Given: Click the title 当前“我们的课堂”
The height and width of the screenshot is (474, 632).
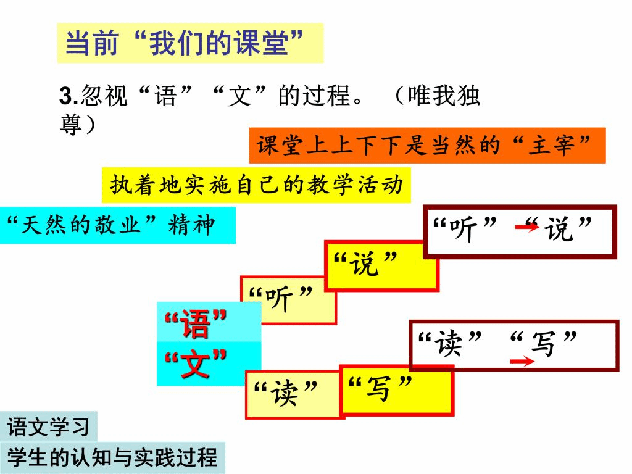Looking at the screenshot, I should (x=190, y=43).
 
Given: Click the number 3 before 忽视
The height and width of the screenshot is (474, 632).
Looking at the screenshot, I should (x=64, y=97).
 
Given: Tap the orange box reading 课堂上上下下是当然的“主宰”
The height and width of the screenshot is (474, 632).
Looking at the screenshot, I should (x=426, y=146).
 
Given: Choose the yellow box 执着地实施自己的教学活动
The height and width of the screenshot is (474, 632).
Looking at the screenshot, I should (x=256, y=185).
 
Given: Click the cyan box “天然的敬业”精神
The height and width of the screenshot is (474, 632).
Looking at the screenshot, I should (x=117, y=225).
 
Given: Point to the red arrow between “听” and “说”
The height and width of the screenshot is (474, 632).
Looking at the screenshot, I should (x=526, y=228).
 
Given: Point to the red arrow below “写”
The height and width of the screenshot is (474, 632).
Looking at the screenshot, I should (x=522, y=362).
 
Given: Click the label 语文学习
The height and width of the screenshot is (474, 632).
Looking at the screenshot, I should (x=49, y=427).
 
